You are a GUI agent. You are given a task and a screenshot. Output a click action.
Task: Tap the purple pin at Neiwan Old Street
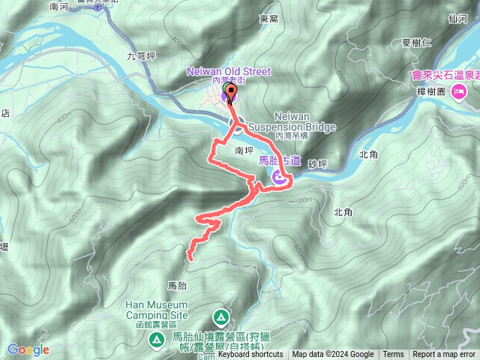(x=229, y=95)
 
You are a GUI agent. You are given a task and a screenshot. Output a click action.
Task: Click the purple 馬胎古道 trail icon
(x=279, y=177)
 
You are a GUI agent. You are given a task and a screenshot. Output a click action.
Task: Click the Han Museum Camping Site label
(x=157, y=310)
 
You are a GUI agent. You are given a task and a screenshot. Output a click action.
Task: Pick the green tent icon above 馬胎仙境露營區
(x=220, y=316)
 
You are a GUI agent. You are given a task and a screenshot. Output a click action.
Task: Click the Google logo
(x=28, y=349)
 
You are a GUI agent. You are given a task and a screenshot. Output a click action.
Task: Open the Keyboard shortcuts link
(x=250, y=355)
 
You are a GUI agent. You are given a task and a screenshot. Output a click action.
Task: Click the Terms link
(x=393, y=355)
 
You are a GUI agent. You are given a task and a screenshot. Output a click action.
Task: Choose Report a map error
(x=444, y=355)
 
